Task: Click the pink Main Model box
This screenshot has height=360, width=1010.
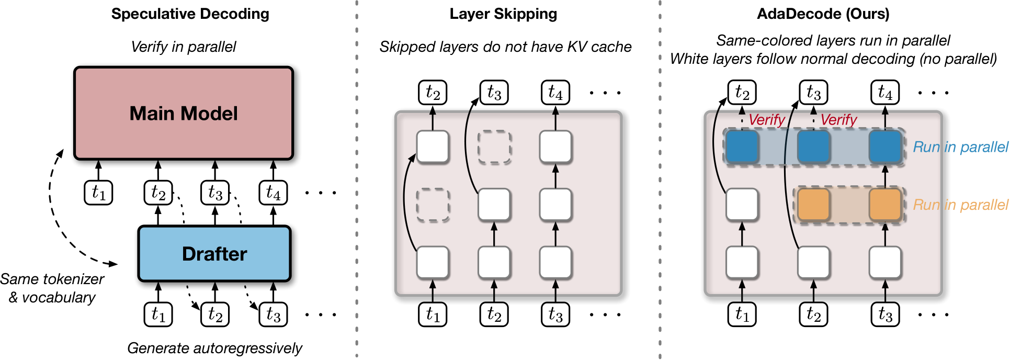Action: (x=184, y=113)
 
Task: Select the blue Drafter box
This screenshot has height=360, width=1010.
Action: (x=214, y=254)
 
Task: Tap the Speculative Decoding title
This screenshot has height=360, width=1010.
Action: (x=190, y=14)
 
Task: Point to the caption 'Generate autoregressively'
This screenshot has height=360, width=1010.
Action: (x=214, y=348)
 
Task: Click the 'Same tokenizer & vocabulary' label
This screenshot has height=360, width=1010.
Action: (x=52, y=288)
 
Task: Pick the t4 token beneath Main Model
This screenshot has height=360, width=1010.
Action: (x=273, y=193)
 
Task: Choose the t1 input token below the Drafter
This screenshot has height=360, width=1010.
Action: (x=158, y=314)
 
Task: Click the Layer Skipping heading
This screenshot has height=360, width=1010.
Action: (x=503, y=14)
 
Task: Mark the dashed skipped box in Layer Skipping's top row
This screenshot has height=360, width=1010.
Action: (x=494, y=147)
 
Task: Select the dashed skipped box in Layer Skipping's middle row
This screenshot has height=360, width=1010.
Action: (x=433, y=205)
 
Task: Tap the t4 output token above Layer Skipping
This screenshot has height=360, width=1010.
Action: (x=555, y=93)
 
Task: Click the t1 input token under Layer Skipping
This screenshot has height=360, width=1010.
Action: (x=433, y=314)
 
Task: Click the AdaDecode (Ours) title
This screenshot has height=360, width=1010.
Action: (x=823, y=14)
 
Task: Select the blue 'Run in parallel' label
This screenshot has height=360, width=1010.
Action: (x=960, y=147)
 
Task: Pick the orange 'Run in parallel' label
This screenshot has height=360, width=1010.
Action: (x=960, y=205)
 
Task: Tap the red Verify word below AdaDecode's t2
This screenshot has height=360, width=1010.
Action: (x=767, y=120)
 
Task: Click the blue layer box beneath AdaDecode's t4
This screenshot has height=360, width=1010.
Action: (x=885, y=147)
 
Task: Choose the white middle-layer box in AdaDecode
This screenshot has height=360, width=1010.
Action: (x=742, y=205)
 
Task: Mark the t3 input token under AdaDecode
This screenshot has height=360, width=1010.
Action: (x=885, y=314)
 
